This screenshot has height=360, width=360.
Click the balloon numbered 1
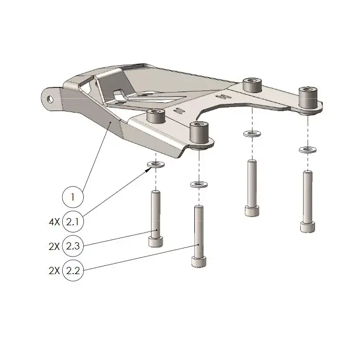pyautogui.click(x=73, y=196)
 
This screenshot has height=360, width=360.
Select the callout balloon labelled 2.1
pyautogui.click(x=73, y=222)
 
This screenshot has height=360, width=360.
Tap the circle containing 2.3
pyautogui.click(x=73, y=246)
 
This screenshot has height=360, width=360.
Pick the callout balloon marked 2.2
pyautogui.click(x=73, y=271)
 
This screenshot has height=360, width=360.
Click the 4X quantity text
pyautogui.click(x=53, y=222)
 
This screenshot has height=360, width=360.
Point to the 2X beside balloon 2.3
pyautogui.click(x=53, y=246)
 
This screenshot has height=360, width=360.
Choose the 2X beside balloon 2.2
pyautogui.click(x=53, y=271)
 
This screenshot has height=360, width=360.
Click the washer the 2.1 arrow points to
pyautogui.click(x=155, y=165)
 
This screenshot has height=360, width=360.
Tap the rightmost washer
pyautogui.click(x=307, y=150)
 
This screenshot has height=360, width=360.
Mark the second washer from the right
pyautogui.click(x=251, y=134)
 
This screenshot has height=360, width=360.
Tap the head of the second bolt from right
pyautogui.click(x=251, y=211)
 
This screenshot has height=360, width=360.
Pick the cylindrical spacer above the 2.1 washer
pyautogui.click(x=155, y=117)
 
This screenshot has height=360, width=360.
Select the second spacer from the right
pyautogui.click(x=251, y=84)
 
